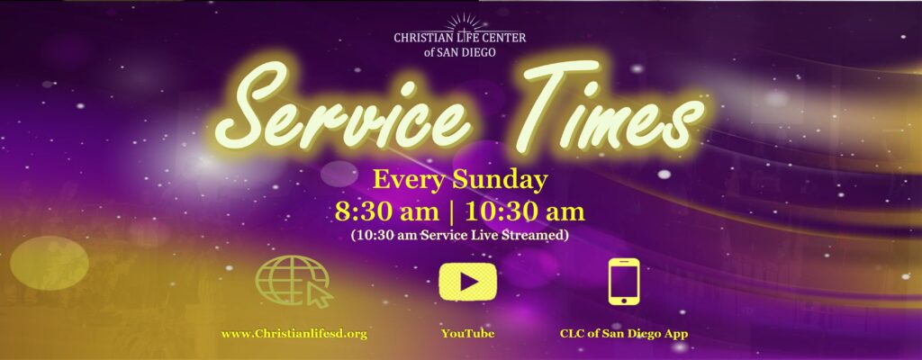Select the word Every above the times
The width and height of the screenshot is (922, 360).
409,181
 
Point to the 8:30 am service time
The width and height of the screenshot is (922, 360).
386,212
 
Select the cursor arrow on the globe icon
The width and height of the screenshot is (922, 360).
319,296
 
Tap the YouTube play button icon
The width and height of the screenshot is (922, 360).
468,282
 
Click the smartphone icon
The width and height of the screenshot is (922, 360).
624,281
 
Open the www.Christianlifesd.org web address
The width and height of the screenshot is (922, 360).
294,334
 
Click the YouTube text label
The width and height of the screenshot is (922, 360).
468,334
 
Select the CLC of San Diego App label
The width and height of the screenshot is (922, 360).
624,334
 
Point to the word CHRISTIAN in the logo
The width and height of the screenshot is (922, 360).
420,38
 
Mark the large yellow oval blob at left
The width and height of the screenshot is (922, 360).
50,263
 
